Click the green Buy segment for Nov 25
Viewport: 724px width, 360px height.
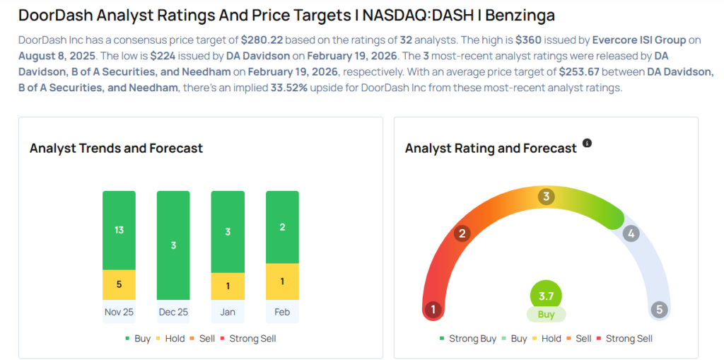(x=119, y=230)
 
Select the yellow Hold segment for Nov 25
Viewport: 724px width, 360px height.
(x=119, y=284)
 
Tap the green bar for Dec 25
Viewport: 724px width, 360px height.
(x=173, y=245)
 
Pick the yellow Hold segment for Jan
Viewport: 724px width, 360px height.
(x=228, y=286)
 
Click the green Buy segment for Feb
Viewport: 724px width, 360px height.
(x=282, y=227)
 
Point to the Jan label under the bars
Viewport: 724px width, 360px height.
(x=228, y=311)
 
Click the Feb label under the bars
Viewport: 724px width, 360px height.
(x=282, y=311)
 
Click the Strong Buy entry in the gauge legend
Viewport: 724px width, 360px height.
(x=467, y=339)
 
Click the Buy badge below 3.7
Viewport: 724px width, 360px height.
(x=546, y=314)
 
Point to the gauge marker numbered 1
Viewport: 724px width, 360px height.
(x=433, y=310)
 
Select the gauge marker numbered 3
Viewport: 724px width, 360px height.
(x=545, y=197)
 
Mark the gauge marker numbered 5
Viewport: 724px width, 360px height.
(x=659, y=310)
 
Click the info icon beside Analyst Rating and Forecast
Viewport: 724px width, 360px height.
(x=587, y=144)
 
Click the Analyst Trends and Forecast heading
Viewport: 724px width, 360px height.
(x=116, y=149)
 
